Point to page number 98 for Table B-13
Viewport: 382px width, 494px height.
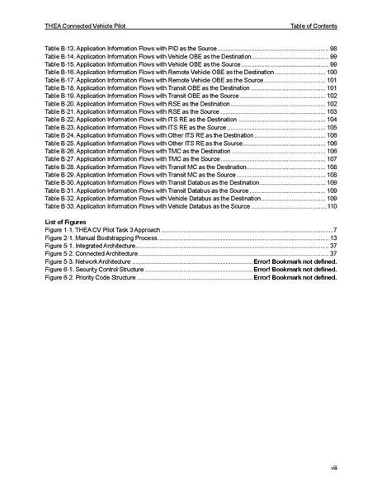[333, 49]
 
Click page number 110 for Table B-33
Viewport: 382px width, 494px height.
[332, 206]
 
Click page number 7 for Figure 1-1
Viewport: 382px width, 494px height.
[336, 230]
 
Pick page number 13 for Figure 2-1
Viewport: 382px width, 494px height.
[333, 238]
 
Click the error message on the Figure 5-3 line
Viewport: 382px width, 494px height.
[295, 261]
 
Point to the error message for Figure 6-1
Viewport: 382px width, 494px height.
[295, 270]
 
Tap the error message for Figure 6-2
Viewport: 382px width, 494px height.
[295, 277]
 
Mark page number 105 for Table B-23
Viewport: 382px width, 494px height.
[332, 128]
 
